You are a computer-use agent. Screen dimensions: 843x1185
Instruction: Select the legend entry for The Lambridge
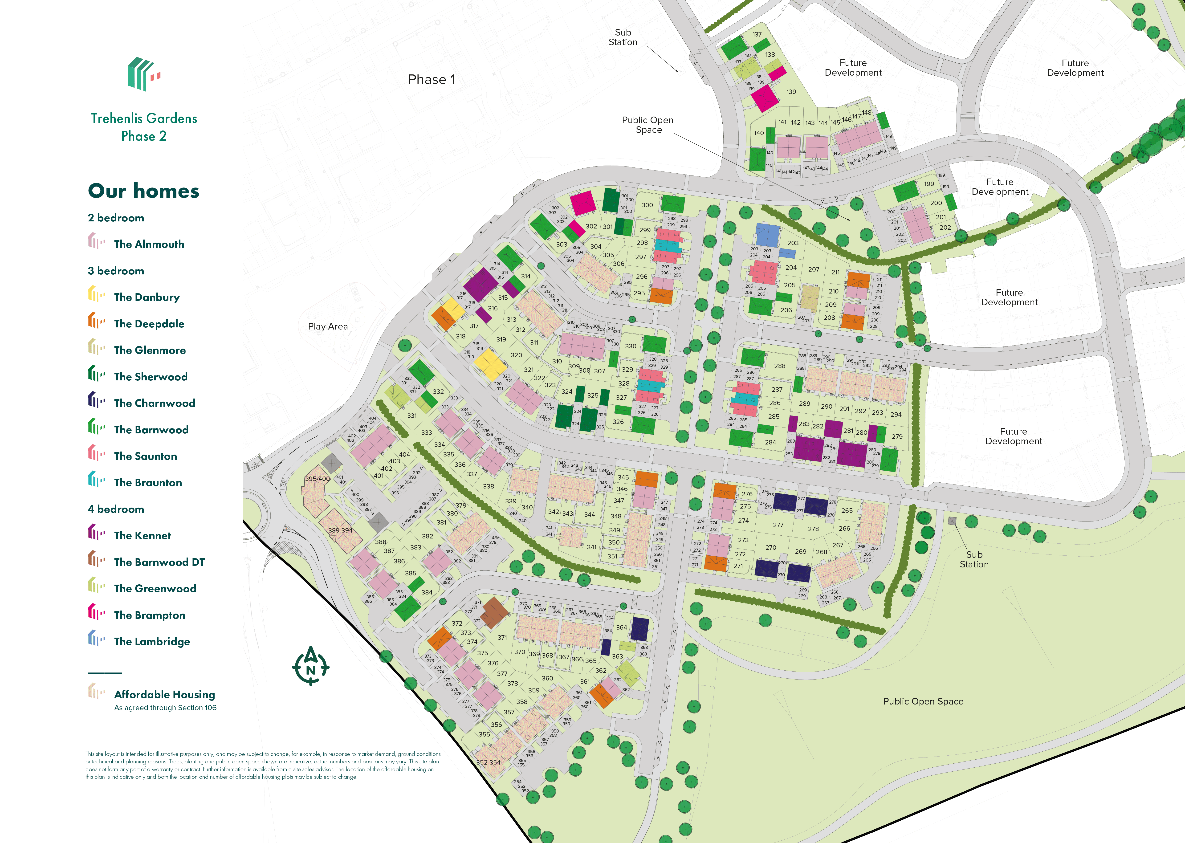(x=151, y=642)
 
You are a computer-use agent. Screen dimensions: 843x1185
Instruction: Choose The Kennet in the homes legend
(x=142, y=535)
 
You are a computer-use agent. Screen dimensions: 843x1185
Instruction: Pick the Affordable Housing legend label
(x=164, y=695)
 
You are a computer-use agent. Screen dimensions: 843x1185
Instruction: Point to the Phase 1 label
(x=431, y=79)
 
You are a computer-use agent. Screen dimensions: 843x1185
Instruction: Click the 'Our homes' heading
(x=143, y=191)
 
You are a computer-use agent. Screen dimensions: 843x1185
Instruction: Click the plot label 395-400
(x=317, y=479)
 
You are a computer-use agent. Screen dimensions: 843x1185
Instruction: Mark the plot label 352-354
(x=488, y=762)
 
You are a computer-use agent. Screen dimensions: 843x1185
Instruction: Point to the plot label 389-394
(x=340, y=530)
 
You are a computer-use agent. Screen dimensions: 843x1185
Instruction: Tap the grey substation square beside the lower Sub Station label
(x=952, y=521)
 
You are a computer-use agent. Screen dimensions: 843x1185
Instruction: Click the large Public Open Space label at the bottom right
(x=923, y=701)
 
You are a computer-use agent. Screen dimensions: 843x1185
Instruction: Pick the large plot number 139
(x=790, y=92)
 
